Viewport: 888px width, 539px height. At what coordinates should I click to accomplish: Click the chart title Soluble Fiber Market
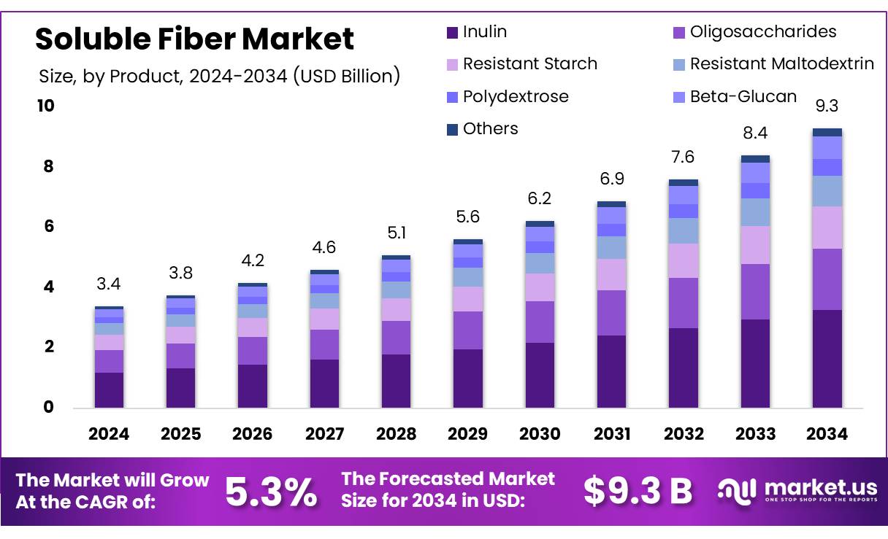(x=194, y=39)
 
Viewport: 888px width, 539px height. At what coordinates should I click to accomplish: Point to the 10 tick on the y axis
(x=45, y=106)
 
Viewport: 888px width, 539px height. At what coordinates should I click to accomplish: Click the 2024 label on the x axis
(x=109, y=434)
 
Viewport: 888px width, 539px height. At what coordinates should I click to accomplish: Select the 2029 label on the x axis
(x=467, y=434)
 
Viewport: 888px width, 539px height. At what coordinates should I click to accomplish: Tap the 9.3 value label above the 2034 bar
(x=827, y=106)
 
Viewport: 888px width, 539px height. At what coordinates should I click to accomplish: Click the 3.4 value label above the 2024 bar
(x=109, y=282)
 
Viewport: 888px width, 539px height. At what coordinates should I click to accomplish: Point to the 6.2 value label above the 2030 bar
(x=540, y=198)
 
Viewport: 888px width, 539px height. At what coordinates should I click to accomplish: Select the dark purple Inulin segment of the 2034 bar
(x=827, y=358)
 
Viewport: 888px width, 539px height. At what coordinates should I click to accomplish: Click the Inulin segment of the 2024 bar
(x=109, y=389)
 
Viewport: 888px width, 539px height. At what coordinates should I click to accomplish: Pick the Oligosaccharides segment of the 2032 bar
(x=683, y=303)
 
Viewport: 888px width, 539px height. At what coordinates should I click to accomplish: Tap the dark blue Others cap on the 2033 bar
(x=755, y=159)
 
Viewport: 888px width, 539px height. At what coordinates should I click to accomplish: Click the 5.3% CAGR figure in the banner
(x=271, y=492)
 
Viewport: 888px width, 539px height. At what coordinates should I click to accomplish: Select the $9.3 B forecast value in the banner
(x=638, y=492)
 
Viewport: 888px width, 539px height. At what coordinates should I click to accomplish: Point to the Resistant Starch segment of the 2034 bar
(x=827, y=228)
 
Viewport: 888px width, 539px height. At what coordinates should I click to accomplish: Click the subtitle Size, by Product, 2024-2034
(x=218, y=76)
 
